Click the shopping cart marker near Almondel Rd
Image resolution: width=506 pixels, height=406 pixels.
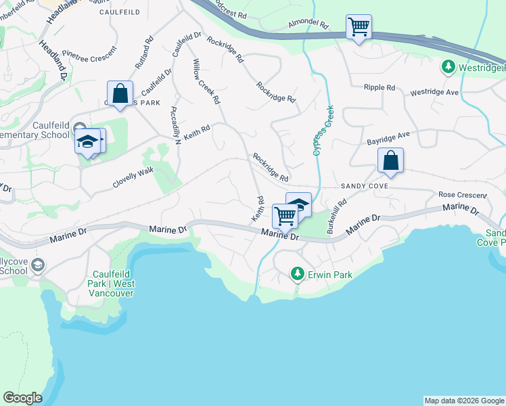(358, 28)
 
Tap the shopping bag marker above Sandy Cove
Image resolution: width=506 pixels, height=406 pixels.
(390, 161)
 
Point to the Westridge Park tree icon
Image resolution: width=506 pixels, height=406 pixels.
(448, 67)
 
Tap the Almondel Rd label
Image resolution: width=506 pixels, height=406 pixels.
(308, 24)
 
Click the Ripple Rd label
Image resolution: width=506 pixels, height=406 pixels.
(379, 88)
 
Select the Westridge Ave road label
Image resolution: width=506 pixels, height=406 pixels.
(434, 91)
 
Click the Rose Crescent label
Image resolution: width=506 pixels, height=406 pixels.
(463, 195)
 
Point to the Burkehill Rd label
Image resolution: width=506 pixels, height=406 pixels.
(337, 216)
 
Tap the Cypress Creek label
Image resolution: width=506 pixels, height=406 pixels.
(323, 130)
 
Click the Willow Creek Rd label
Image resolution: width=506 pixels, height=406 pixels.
(206, 81)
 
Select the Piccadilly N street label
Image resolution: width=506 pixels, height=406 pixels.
(176, 125)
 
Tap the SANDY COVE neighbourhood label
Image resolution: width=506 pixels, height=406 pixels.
(364, 185)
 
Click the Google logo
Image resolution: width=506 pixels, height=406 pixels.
(22, 398)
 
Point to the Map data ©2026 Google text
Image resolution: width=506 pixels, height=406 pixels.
(464, 401)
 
